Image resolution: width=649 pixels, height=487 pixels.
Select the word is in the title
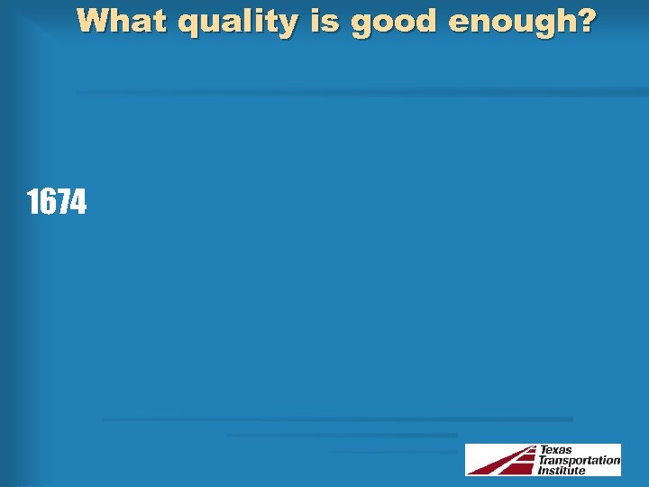tap(324, 21)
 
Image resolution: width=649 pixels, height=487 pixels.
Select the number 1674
tap(57, 204)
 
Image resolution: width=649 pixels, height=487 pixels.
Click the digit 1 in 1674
tap(32, 204)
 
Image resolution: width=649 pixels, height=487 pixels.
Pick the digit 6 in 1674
tap(47, 204)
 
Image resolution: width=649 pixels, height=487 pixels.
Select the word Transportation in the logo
tap(579, 460)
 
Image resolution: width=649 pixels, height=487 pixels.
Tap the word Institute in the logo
tap(562, 470)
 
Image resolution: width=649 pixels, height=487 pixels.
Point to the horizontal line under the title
tap(361, 92)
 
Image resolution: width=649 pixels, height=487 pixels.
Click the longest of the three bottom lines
tap(337, 419)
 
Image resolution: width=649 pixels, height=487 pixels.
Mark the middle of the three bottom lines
tap(343, 436)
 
